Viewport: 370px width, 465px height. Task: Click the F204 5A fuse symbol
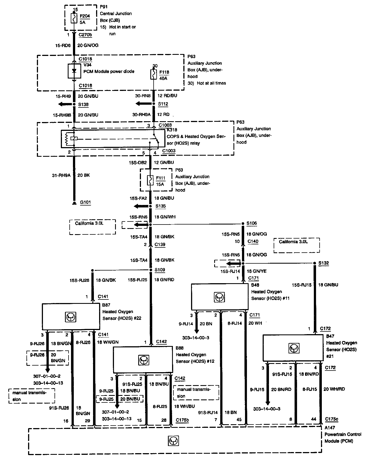(74, 19)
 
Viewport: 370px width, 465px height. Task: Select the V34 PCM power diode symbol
(74, 71)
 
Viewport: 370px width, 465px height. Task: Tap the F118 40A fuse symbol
(153, 74)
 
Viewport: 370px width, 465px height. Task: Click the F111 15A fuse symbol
(150, 180)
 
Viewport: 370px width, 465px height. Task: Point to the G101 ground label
(85, 202)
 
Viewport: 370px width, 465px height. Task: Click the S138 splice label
(83, 104)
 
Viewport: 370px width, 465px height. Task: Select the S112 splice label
(163, 104)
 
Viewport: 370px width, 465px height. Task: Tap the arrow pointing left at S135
(140, 206)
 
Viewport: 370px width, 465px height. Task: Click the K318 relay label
(172, 130)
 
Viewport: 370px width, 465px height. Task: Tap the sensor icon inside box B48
(219, 297)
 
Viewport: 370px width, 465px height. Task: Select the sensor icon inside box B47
(293, 348)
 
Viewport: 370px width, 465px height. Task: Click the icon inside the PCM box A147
(173, 441)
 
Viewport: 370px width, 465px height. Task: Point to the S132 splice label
(323, 263)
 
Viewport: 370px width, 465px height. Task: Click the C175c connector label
(331, 419)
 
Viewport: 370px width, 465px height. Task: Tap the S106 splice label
(252, 223)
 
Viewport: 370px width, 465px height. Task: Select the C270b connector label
(85, 35)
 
